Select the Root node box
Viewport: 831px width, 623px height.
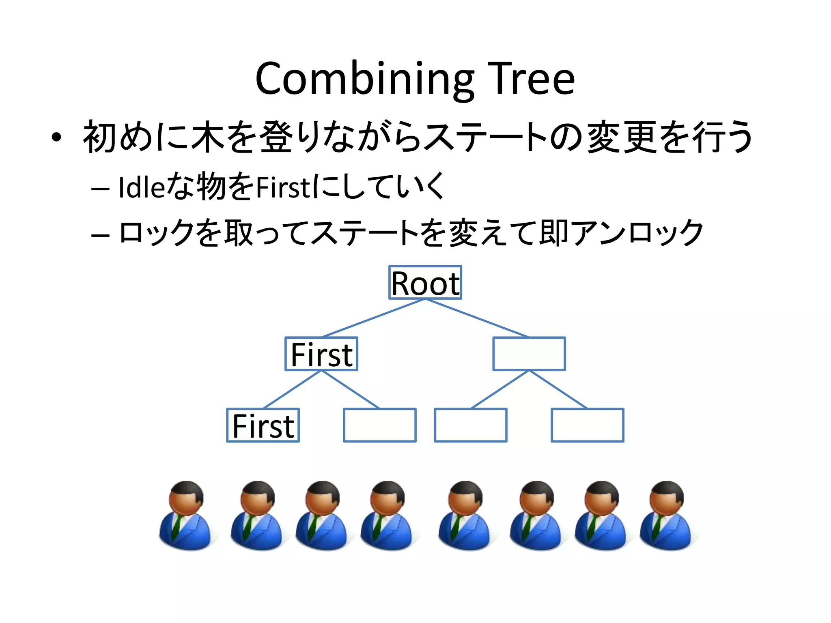pyautogui.click(x=425, y=283)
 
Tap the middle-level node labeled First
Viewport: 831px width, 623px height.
pyautogui.click(x=321, y=354)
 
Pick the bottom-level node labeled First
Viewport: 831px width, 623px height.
pyautogui.click(x=263, y=425)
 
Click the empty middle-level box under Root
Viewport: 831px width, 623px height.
pyautogui.click(x=529, y=354)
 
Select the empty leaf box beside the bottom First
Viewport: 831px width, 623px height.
pyautogui.click(x=379, y=425)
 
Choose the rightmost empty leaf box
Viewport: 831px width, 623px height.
pyautogui.click(x=587, y=425)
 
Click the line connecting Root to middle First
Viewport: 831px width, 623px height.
pyautogui.click(x=373, y=318)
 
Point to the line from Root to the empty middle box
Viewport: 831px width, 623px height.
pyautogui.click(x=477, y=318)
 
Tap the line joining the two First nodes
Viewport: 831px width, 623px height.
pyautogui.click(x=292, y=389)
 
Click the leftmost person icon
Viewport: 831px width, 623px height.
pyautogui.click(x=185, y=516)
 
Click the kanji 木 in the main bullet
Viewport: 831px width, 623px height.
pyautogui.click(x=208, y=137)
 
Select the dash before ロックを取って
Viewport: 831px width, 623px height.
pyautogui.click(x=100, y=235)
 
